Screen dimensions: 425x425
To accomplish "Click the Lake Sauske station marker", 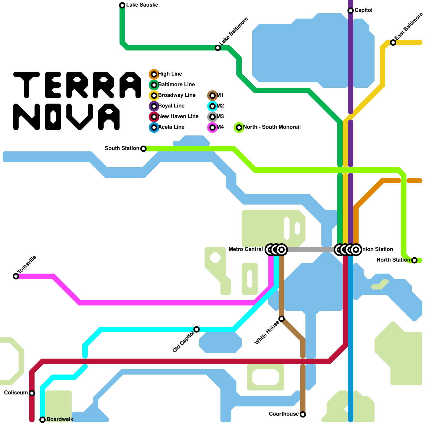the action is click(x=122, y=5).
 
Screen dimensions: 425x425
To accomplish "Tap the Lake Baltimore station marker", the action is click(x=218, y=48).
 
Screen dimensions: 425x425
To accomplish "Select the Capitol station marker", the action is click(x=351, y=11).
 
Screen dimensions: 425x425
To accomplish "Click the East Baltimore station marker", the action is click(x=393, y=42).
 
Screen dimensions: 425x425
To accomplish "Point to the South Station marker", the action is click(x=143, y=149).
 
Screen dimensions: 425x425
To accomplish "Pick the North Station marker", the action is click(x=414, y=260).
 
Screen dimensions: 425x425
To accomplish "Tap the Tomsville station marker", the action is click(x=16, y=276).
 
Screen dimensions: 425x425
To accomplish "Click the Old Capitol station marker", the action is click(x=197, y=329).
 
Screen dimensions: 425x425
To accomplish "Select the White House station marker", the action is click(x=282, y=319).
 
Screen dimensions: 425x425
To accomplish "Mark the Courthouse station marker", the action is click(x=303, y=414).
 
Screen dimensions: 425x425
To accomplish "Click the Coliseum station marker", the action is click(x=32, y=393).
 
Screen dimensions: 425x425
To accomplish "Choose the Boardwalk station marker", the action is click(x=42, y=420).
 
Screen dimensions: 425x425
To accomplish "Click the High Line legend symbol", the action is click(x=154, y=74).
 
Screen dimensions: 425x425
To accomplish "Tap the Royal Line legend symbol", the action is click(x=154, y=106).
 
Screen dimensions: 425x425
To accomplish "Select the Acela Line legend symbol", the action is click(x=154, y=127).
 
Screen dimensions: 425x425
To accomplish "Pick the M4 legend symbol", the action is click(x=212, y=127).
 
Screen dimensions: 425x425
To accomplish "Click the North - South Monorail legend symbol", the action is click(x=239, y=127).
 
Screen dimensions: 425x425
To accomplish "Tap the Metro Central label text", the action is click(x=246, y=249).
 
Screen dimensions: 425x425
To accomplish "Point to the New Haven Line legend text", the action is click(x=178, y=117).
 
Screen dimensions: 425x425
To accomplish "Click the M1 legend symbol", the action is click(x=212, y=96).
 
